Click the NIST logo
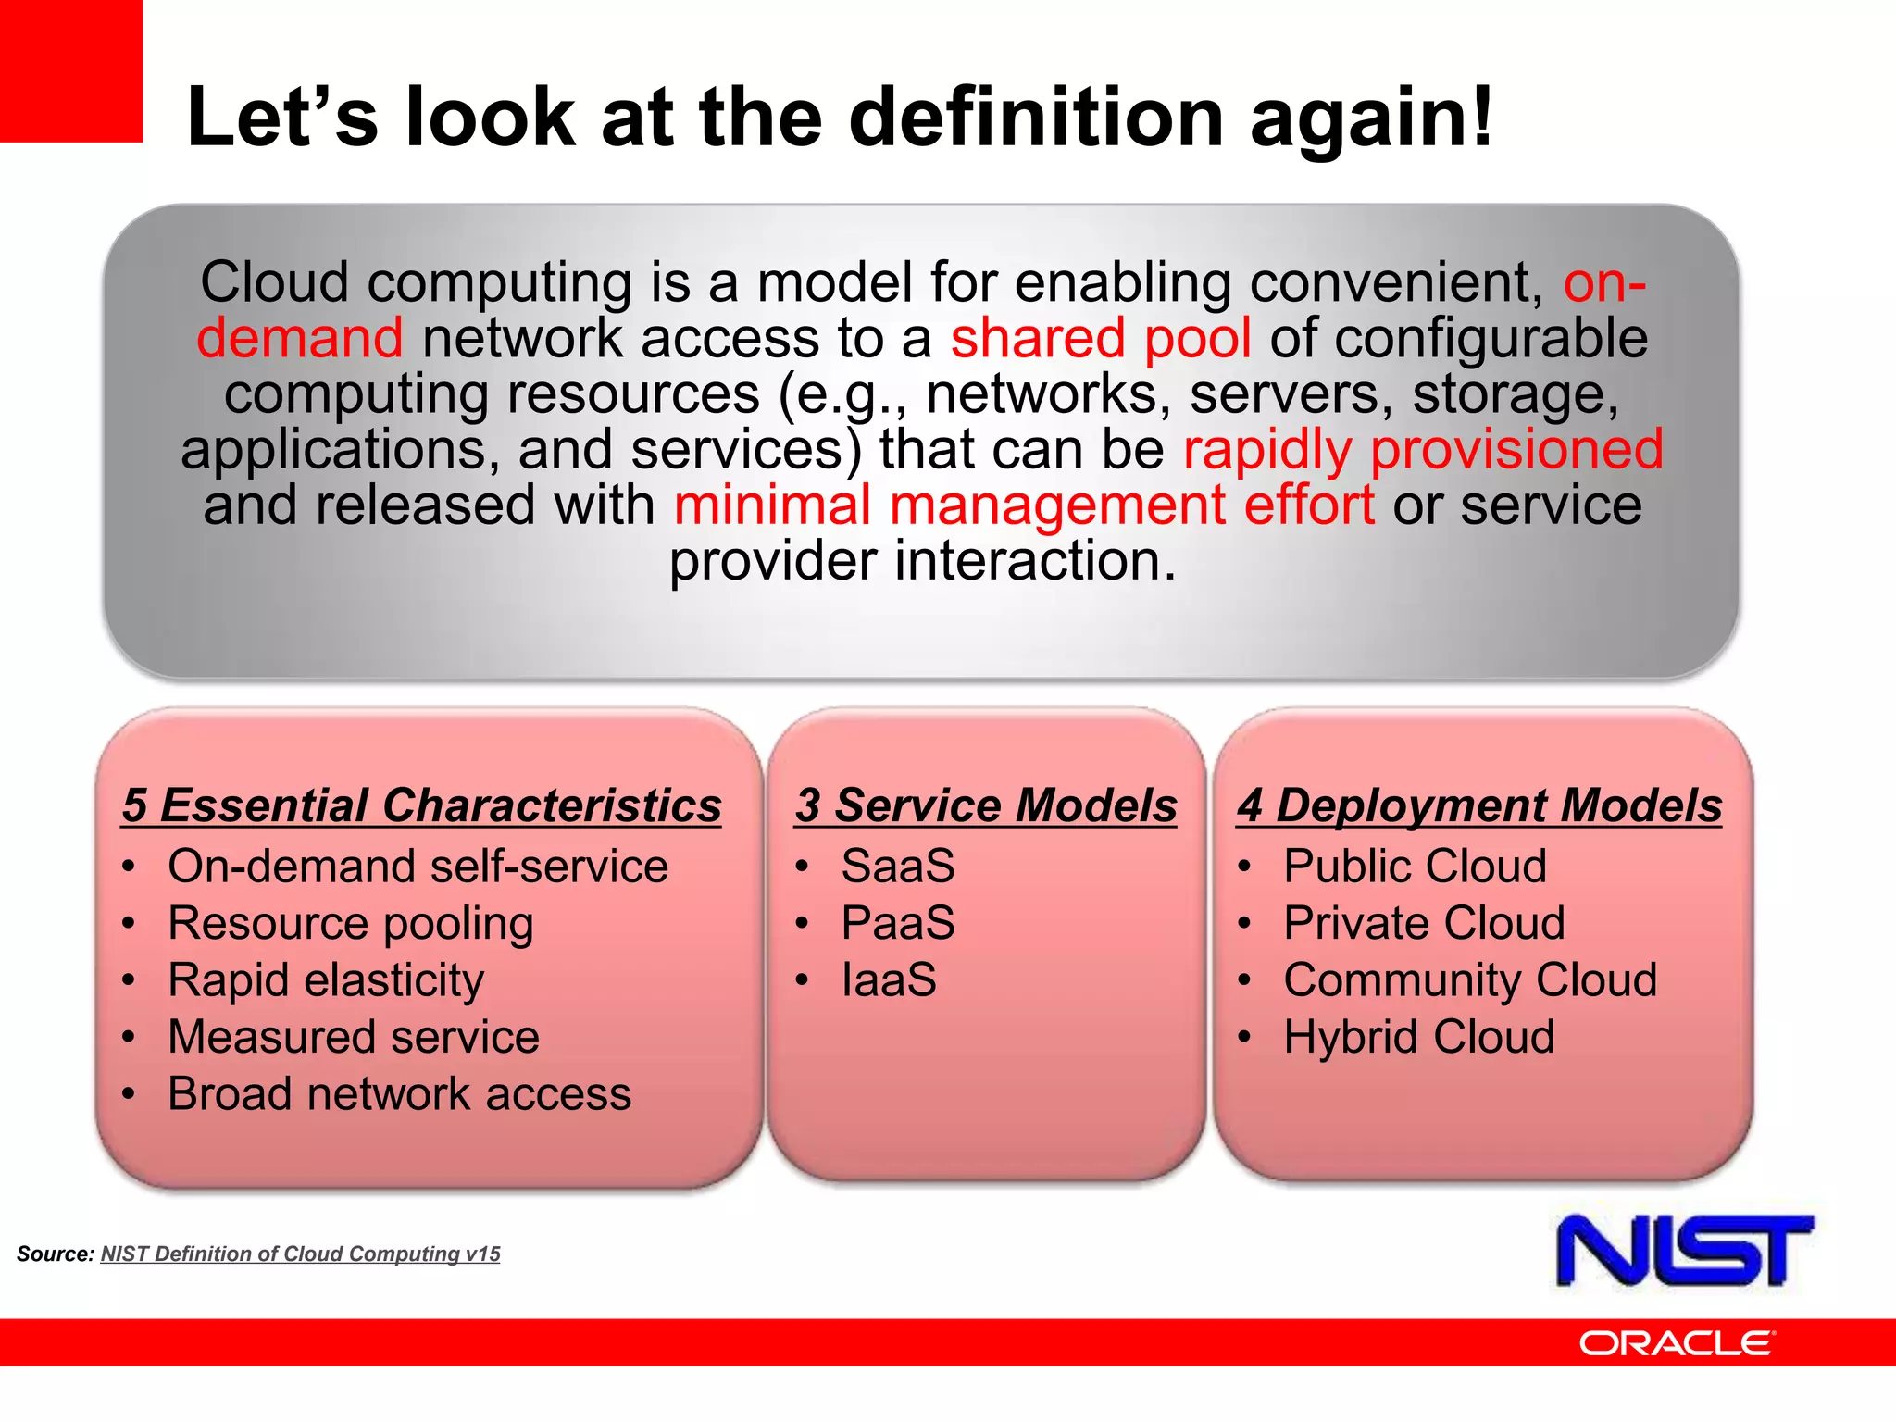[x=1684, y=1251]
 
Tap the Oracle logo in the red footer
[x=1676, y=1342]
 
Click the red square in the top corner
[x=70, y=70]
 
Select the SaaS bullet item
[x=897, y=867]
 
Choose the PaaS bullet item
[x=897, y=923]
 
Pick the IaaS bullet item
[x=888, y=979]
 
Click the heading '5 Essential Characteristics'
[x=421, y=805]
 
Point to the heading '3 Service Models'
[x=986, y=805]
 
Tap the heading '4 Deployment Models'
[x=1478, y=805]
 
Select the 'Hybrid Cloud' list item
[x=1418, y=1037]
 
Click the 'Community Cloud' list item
[x=1469, y=979]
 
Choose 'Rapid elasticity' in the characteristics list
[x=325, y=979]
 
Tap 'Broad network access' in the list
[x=399, y=1093]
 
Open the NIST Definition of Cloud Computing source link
[x=300, y=1254]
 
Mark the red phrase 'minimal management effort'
[x=1023, y=505]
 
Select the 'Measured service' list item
[x=353, y=1037]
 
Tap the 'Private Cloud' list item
[x=1423, y=923]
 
